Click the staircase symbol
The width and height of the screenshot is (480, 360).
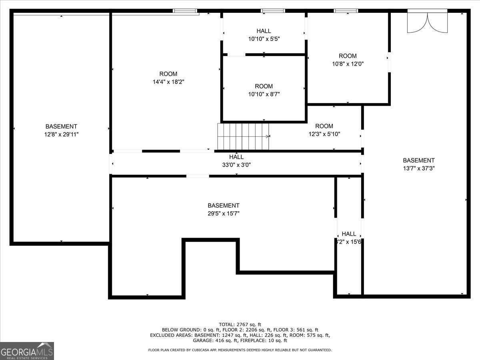click(x=243, y=136)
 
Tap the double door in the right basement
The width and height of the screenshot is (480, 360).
click(x=427, y=22)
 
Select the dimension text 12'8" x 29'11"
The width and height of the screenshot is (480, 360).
click(x=61, y=135)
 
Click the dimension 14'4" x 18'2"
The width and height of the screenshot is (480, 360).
click(x=168, y=82)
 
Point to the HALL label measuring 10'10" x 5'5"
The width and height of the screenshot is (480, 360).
click(x=264, y=31)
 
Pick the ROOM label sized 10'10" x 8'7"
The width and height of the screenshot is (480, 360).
click(x=264, y=86)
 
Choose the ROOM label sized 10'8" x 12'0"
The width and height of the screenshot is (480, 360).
click(x=347, y=56)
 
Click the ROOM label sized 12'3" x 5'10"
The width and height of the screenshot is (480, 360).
click(x=324, y=126)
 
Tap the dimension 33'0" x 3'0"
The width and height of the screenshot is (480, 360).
click(x=236, y=164)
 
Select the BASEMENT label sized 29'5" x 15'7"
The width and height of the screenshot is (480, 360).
click(x=224, y=206)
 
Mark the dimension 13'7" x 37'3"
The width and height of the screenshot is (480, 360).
click(x=418, y=168)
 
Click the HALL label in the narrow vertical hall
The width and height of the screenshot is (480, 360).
click(x=349, y=234)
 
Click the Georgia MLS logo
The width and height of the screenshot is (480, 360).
click(x=27, y=351)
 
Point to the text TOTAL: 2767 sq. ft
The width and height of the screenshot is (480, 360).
click(x=240, y=324)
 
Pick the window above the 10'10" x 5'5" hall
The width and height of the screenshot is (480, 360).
click(x=273, y=11)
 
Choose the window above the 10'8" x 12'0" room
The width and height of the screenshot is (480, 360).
click(x=346, y=11)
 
